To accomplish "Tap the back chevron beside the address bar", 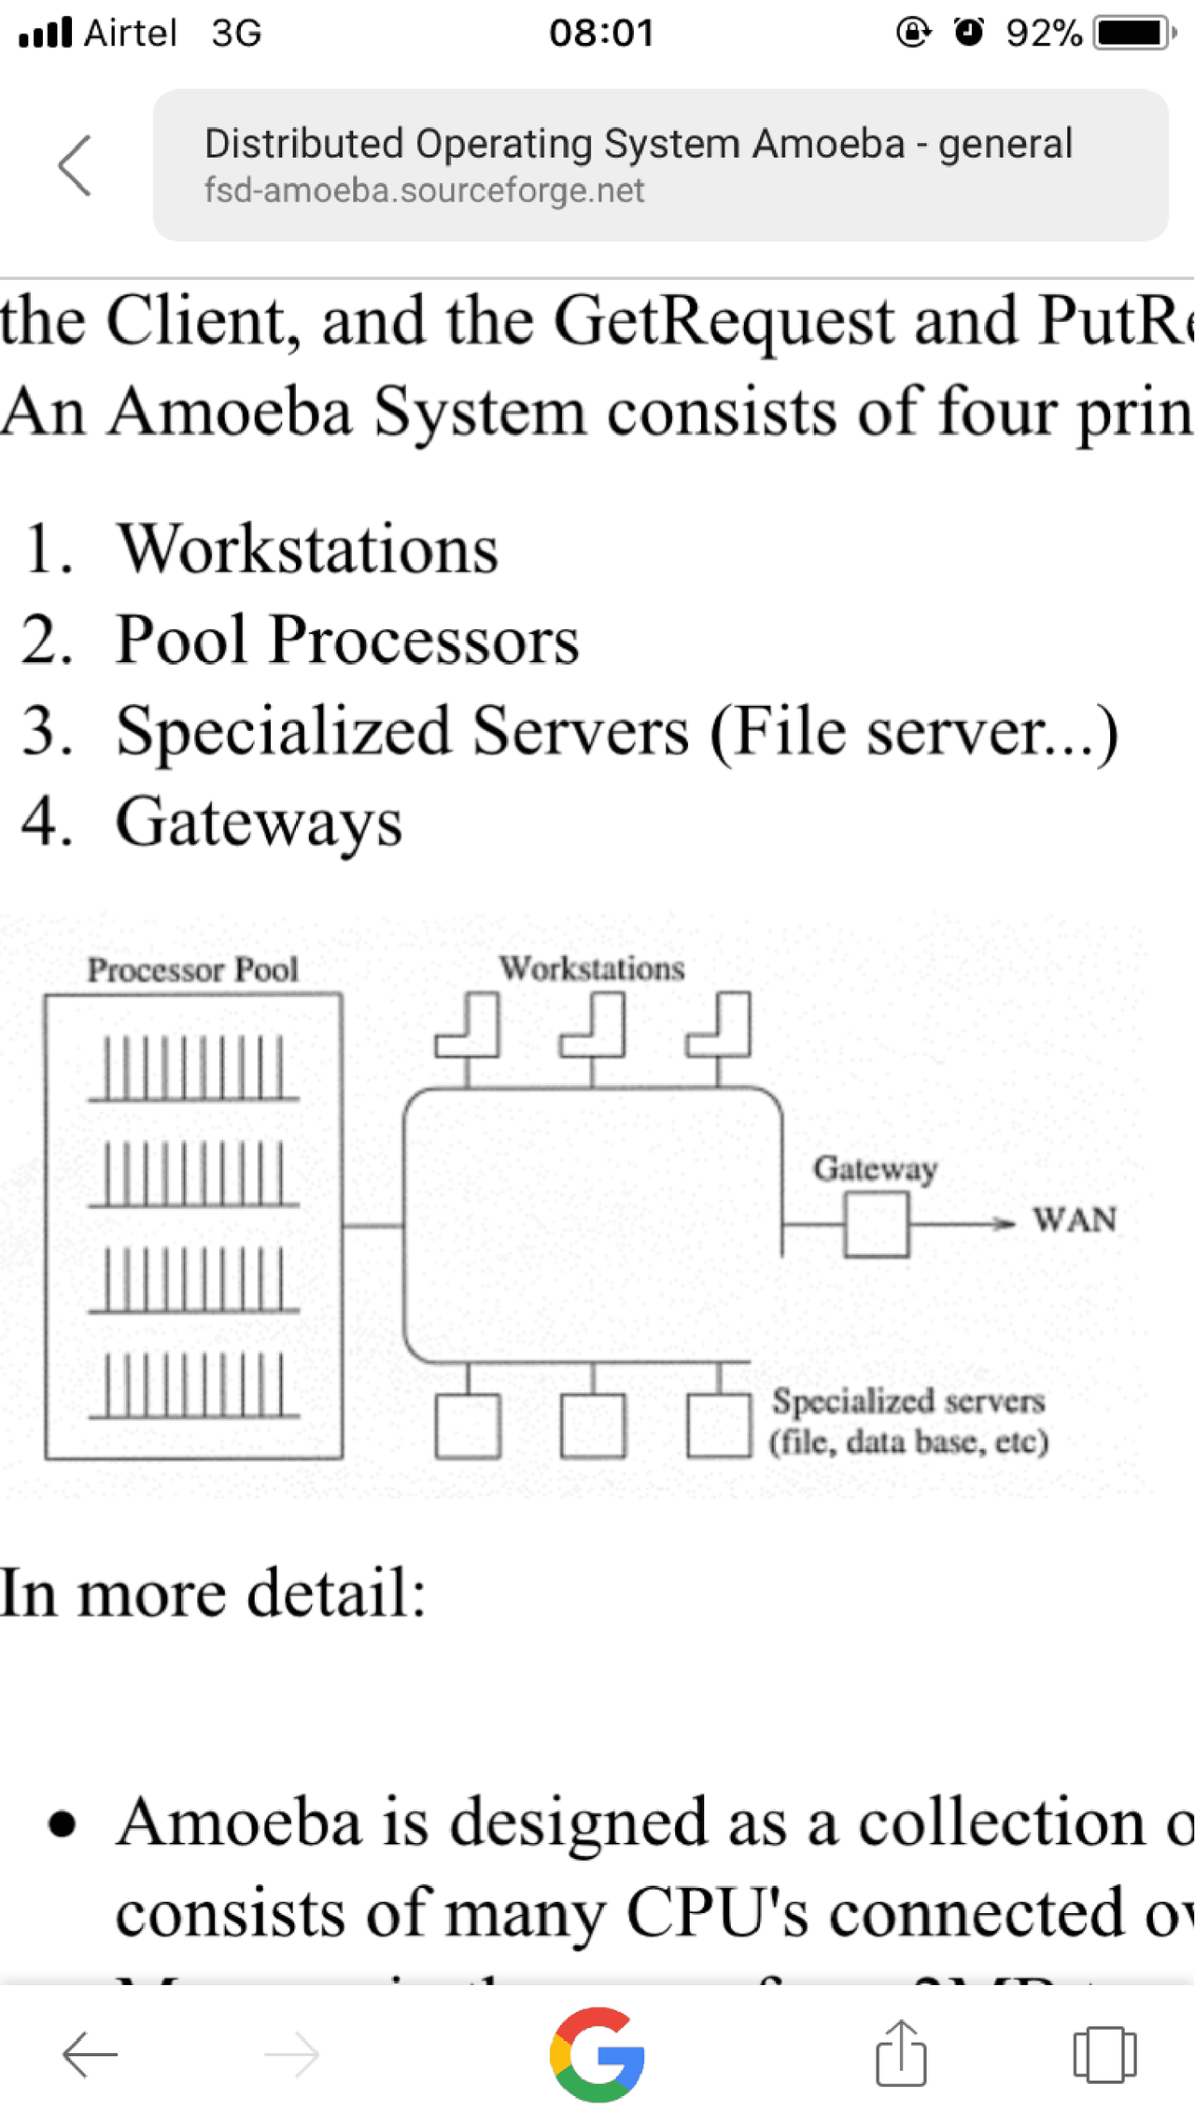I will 75,165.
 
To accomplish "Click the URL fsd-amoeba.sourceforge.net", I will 424,190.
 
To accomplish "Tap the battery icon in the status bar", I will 1132,33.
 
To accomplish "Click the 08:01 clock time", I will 601,33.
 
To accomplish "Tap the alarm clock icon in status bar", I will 969,33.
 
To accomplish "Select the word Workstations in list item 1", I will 307,549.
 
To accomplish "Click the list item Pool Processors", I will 346,640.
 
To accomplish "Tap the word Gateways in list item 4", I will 259,823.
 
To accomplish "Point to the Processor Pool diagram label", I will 192,970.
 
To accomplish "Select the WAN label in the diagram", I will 1074,1220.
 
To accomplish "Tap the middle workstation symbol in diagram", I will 594,1026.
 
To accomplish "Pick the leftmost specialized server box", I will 467,1426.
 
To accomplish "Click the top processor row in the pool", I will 193,1069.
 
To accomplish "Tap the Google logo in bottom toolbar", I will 597,2054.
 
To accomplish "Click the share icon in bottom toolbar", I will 901,2054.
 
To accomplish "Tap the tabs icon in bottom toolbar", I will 1104,2054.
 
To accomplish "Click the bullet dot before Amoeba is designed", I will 62,1822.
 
